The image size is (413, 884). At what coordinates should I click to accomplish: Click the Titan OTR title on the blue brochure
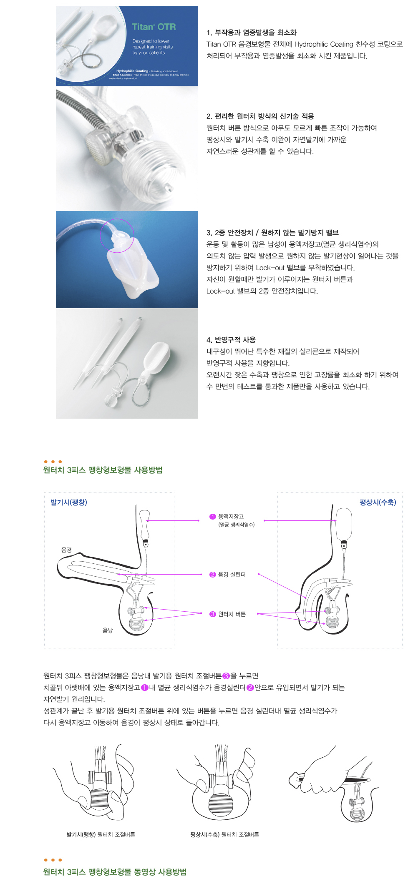click(x=154, y=27)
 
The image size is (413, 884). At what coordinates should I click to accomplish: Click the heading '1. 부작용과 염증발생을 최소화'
click(x=251, y=33)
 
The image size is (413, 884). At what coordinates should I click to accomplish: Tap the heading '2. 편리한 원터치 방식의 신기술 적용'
click(x=260, y=116)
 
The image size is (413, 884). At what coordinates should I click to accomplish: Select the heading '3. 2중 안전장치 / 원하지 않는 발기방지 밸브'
click(x=272, y=233)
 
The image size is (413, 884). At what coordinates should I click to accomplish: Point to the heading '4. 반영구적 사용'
click(x=231, y=340)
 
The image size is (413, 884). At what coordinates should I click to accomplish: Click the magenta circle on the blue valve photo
click(x=117, y=235)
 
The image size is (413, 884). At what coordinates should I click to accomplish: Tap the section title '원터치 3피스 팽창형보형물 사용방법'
click(x=103, y=470)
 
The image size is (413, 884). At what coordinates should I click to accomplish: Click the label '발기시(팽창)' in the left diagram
click(x=69, y=502)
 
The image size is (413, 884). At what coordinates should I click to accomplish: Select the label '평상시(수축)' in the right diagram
click(x=378, y=502)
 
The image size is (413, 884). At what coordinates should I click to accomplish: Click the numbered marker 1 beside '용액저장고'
click(x=213, y=517)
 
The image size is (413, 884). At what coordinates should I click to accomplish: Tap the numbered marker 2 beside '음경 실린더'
click(x=213, y=575)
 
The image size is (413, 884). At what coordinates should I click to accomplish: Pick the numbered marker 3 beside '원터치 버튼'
click(x=213, y=614)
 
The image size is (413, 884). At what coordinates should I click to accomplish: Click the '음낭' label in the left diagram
click(x=108, y=630)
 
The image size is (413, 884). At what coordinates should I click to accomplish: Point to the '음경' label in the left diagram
click(x=67, y=550)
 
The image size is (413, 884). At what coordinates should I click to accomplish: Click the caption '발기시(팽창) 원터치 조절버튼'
click(x=101, y=834)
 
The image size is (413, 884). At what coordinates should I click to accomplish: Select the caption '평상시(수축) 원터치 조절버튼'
click(x=224, y=834)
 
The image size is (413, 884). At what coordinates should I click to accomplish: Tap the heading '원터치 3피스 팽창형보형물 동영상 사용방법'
click(x=115, y=872)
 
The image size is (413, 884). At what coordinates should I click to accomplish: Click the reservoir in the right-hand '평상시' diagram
click(x=344, y=523)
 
